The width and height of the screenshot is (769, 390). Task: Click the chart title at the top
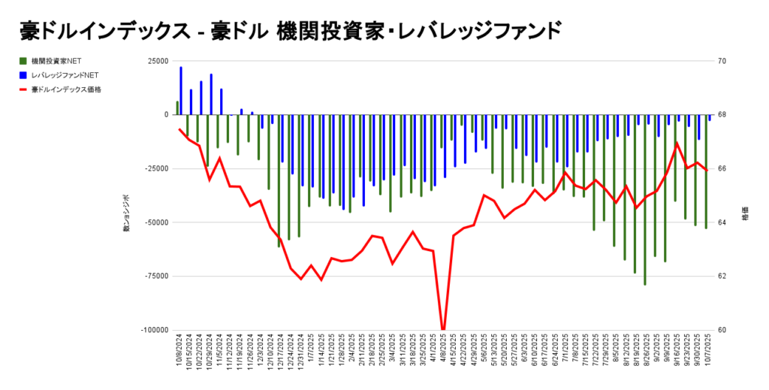coord(290,31)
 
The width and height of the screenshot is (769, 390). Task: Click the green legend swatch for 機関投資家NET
coord(23,61)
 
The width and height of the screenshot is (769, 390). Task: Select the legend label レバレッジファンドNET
coord(65,75)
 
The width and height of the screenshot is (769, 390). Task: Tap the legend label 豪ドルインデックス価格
coord(66,89)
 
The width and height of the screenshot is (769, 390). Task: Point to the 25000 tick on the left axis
coord(157,61)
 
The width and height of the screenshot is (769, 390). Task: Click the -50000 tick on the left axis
coord(155,222)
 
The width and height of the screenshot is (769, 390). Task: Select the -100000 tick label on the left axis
coord(153,330)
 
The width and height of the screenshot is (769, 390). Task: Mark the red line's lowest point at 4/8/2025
coord(443,329)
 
